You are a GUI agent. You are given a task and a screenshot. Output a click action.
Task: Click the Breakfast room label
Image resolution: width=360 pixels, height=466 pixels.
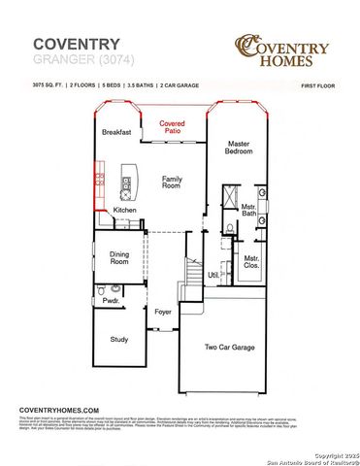pos(117,132)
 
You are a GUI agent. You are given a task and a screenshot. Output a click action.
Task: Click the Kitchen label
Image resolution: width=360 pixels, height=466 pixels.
pos(125,210)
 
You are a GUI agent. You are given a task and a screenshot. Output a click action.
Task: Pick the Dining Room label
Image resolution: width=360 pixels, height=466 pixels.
pos(119,257)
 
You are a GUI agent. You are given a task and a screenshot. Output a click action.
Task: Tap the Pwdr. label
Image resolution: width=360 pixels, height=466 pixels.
pos(110,301)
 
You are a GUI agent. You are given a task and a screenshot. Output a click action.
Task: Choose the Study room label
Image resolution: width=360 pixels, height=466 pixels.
pos(119,339)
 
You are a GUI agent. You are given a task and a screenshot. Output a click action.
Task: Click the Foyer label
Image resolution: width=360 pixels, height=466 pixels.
pos(163,311)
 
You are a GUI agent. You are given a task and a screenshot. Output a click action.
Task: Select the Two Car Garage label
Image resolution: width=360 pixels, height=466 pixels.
pos(230,346)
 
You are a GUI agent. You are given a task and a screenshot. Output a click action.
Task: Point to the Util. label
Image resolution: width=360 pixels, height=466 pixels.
pos(213,276)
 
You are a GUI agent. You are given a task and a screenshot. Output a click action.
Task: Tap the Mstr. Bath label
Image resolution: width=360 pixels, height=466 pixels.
pos(248,209)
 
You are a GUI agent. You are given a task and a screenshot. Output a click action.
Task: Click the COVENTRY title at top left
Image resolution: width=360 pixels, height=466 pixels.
pos(77,44)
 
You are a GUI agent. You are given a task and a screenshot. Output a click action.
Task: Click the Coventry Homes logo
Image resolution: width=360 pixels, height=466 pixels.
pos(282,48)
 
